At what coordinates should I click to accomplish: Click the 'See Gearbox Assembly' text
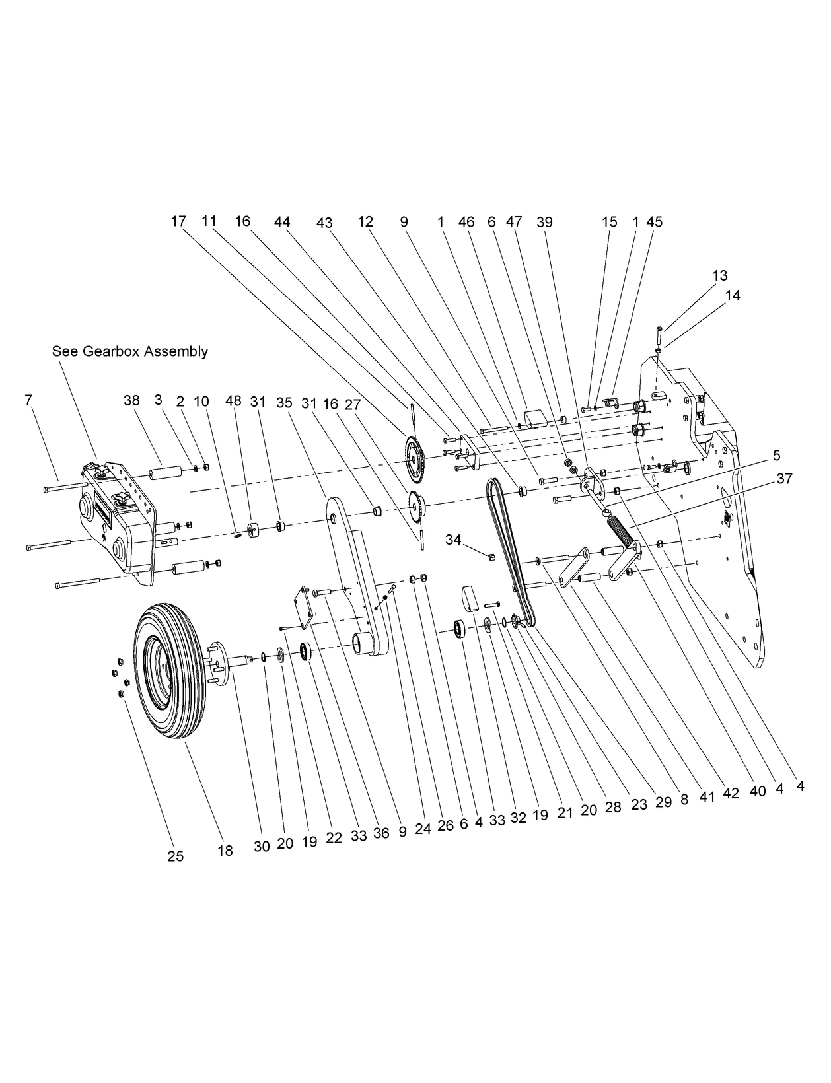pos(129,351)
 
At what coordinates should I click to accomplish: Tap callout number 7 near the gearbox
pos(28,400)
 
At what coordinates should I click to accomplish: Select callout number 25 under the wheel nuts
pos(175,856)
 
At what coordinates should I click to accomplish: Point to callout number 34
pos(452,540)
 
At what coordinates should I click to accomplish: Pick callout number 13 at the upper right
pos(719,275)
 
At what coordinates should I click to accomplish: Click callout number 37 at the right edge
pos(783,479)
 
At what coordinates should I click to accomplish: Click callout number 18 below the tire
pos(225,851)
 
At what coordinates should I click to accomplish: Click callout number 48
pos(233,401)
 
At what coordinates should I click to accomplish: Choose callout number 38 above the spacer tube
pos(131,400)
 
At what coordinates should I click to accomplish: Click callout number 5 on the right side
pos(776,455)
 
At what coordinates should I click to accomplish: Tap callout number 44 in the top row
pos(282,222)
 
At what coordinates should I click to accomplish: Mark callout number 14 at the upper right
pos(732,295)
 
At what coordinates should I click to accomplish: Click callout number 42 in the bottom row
pos(730,793)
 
